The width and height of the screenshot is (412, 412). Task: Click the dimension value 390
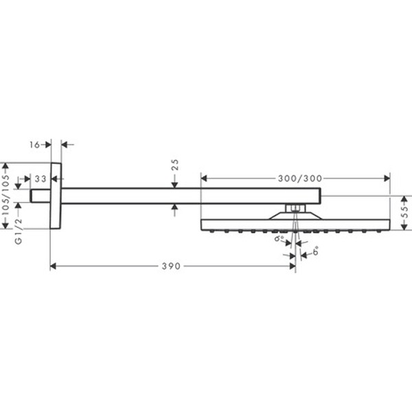[172, 266]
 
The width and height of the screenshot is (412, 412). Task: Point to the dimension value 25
[175, 164]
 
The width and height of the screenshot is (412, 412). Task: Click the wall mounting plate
[56, 196]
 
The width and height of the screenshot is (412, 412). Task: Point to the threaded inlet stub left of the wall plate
[41, 196]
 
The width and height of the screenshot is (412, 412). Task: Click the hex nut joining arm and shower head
[294, 207]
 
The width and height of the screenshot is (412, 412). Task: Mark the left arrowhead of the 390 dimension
[54, 266]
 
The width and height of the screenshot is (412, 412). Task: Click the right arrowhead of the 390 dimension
[292, 266]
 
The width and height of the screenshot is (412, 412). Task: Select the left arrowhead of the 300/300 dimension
[204, 178]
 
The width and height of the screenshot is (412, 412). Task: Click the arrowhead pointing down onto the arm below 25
[175, 185]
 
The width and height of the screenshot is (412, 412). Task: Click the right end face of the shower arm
[321, 196]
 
